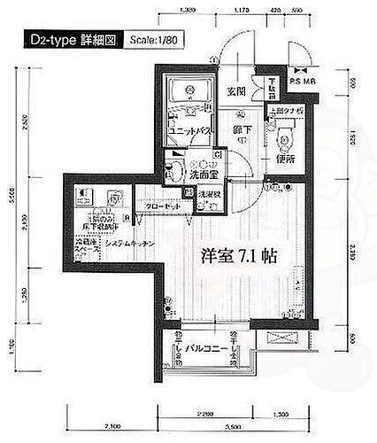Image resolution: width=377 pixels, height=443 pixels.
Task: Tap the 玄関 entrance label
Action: [235, 90]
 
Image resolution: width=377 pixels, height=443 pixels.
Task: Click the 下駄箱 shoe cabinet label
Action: [273, 89]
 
